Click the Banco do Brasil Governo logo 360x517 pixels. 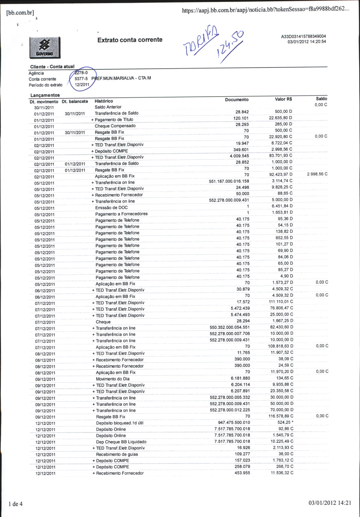45,48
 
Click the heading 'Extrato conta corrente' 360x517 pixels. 130,40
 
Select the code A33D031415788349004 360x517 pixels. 303,36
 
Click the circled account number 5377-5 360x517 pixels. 81,79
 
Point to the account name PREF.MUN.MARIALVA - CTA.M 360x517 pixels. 121,78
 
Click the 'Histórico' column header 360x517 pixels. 104,101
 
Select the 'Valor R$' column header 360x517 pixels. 283,99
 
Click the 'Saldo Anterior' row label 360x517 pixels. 108,107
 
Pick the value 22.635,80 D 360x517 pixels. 280,118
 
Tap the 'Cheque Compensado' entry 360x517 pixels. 115,126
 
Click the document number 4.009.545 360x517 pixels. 239,156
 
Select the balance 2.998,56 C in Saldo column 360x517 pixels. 317,174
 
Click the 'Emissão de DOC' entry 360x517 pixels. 112,208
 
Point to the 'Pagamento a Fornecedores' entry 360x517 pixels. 121,214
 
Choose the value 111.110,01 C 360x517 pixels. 281,302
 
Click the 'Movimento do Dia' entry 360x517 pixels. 113,379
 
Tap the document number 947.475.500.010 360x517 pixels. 234,422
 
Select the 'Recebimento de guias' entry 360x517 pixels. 117,454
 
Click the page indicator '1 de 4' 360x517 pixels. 15,504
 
